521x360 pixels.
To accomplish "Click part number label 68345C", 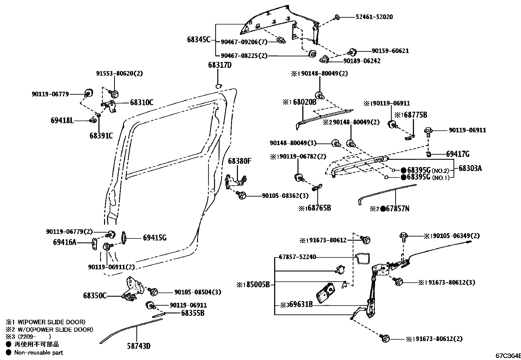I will coord(199,40).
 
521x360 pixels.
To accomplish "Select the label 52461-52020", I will coord(374,17).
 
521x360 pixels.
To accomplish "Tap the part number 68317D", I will coord(220,65).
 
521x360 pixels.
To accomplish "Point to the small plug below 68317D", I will coord(218,86).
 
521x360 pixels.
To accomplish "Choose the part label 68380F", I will coord(240,161).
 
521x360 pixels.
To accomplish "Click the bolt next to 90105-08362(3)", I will coord(242,195).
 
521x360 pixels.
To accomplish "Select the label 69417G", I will coord(458,154).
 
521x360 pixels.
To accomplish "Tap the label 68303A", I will coord(470,168).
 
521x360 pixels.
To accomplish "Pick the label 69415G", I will coord(154,238).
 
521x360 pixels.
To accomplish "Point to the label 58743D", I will coord(139,346).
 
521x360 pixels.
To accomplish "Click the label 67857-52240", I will coord(297,257).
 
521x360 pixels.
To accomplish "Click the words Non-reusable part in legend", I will coord(39,352).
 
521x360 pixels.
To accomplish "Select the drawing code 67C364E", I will coord(507,355).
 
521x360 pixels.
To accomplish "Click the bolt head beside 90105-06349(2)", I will coord(403,236).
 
